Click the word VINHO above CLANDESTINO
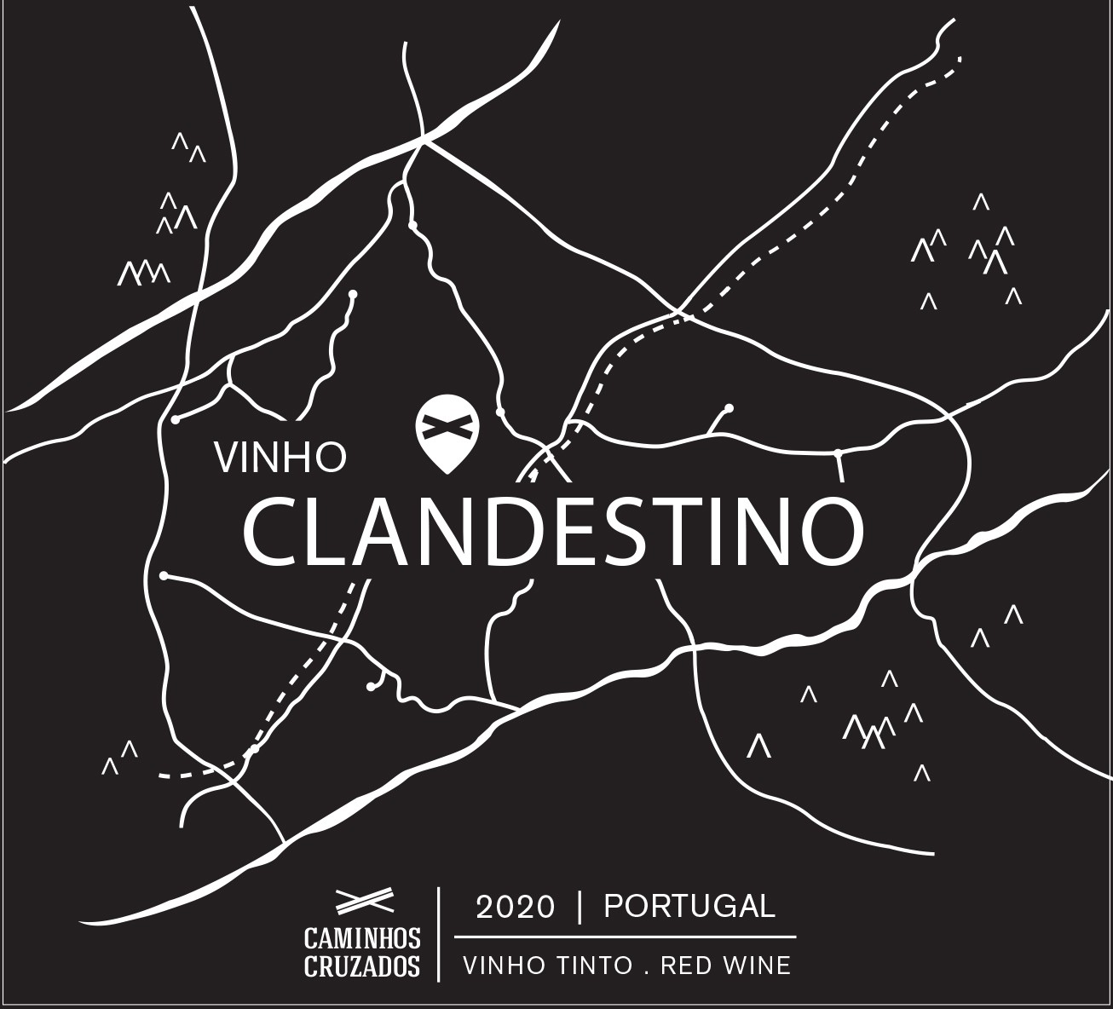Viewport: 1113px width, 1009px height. (x=281, y=457)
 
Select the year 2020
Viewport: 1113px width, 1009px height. (x=515, y=908)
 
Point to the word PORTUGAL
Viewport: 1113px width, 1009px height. (x=689, y=906)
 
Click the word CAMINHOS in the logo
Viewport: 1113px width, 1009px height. (x=363, y=939)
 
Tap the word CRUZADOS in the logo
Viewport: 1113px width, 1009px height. (x=363, y=966)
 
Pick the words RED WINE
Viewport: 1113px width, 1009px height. (x=726, y=966)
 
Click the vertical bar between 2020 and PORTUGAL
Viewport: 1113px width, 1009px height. (x=580, y=908)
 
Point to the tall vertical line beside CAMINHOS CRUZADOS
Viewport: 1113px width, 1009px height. (x=439, y=933)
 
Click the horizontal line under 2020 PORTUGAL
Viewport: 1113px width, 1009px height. (x=625, y=937)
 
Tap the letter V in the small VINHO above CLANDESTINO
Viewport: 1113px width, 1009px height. (x=226, y=457)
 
